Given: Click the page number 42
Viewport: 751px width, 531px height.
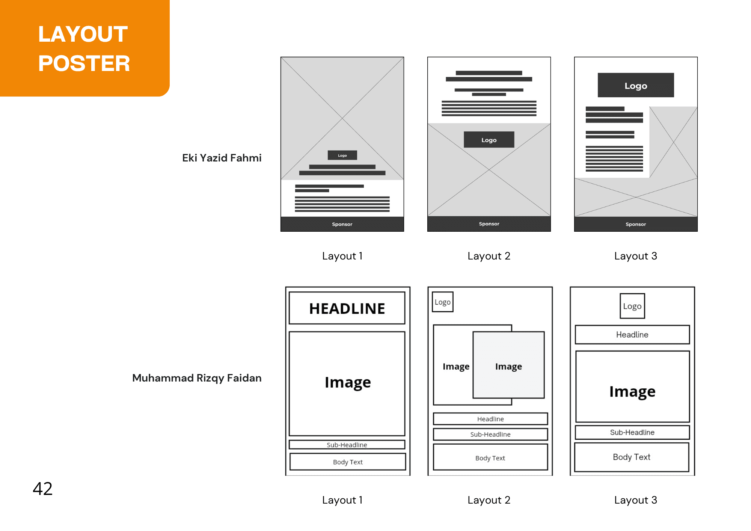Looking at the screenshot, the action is point(42,489).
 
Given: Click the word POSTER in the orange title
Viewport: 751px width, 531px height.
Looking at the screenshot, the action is point(84,63).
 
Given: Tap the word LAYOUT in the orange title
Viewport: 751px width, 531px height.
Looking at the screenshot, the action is point(83,34).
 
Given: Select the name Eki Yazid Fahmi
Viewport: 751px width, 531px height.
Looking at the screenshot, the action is point(222,158).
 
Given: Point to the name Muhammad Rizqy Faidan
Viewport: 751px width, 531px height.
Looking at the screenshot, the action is point(197,378).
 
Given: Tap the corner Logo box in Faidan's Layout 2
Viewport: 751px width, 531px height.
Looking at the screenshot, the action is point(443,302).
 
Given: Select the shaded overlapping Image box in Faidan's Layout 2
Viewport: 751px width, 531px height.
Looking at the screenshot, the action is point(508,365).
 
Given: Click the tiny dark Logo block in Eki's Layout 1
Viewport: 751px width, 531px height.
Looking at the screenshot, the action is point(342,155).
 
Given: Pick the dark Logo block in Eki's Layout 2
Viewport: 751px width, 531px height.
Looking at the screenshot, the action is point(489,140).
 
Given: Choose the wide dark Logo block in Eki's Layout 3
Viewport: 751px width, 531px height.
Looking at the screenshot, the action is point(636,85).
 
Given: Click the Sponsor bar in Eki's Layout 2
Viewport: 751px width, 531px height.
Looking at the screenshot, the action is point(489,224).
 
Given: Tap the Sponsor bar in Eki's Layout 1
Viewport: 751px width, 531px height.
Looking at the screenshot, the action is point(342,224).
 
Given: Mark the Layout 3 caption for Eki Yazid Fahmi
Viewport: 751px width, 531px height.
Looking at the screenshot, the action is point(636,256).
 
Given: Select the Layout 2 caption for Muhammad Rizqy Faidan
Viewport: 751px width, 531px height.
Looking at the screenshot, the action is point(489,500).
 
